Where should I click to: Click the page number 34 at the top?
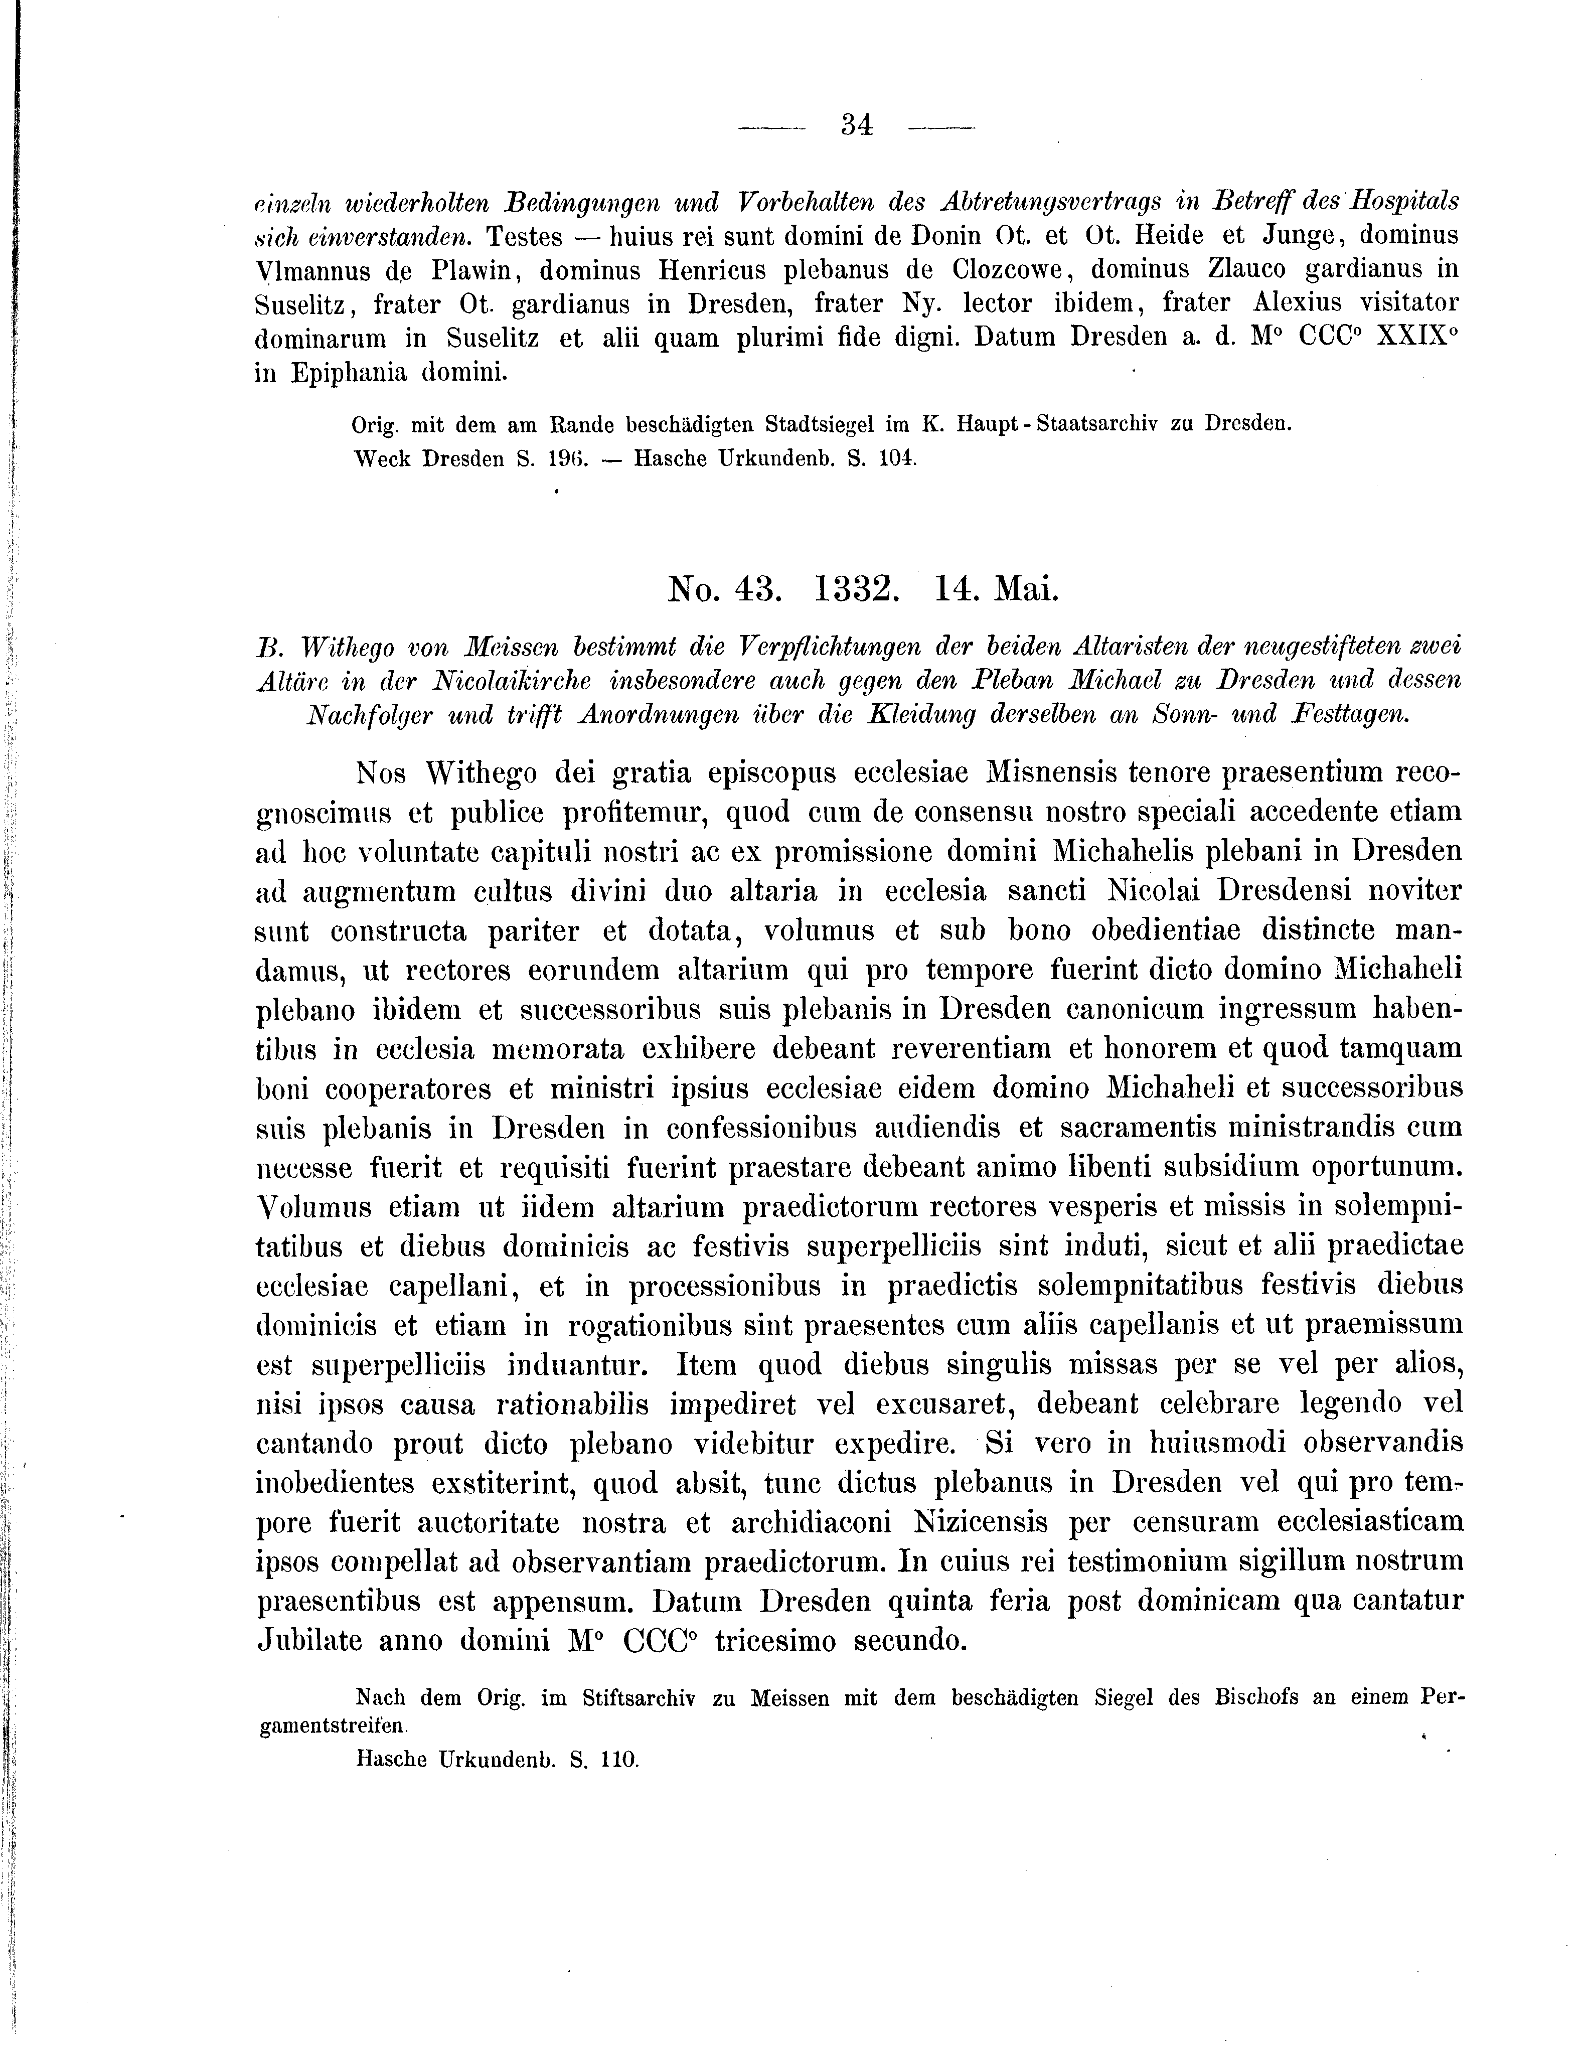[x=857, y=124]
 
